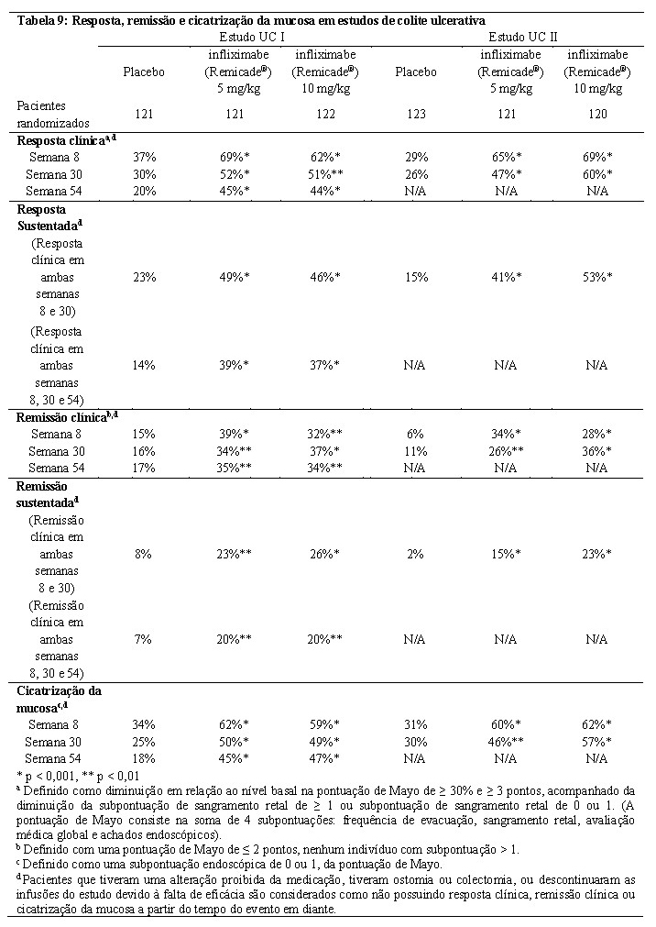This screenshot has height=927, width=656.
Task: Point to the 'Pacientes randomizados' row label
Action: coord(53,114)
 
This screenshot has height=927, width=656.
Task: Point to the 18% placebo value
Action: coord(144,757)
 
